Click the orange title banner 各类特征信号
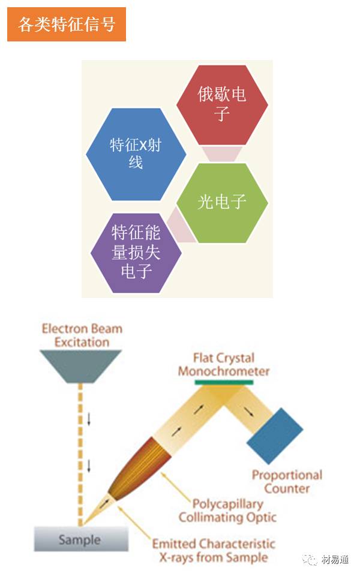pos(67,24)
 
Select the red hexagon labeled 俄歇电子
pos(222,105)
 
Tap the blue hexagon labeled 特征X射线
pos(136,154)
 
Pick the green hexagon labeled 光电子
pos(222,203)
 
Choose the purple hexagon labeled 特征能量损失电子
pos(136,253)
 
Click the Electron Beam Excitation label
pos(82,335)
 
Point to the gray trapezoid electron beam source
pos(80,366)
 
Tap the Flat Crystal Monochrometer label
pos(224,364)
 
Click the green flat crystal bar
pos(224,382)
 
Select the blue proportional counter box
pos(275,436)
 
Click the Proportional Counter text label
pos(287,482)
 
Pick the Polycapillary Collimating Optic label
pos(227,510)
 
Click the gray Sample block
pos(81,539)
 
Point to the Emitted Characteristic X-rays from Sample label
pos(214,550)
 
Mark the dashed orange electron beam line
pos(80,454)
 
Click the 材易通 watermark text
pos(335,559)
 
